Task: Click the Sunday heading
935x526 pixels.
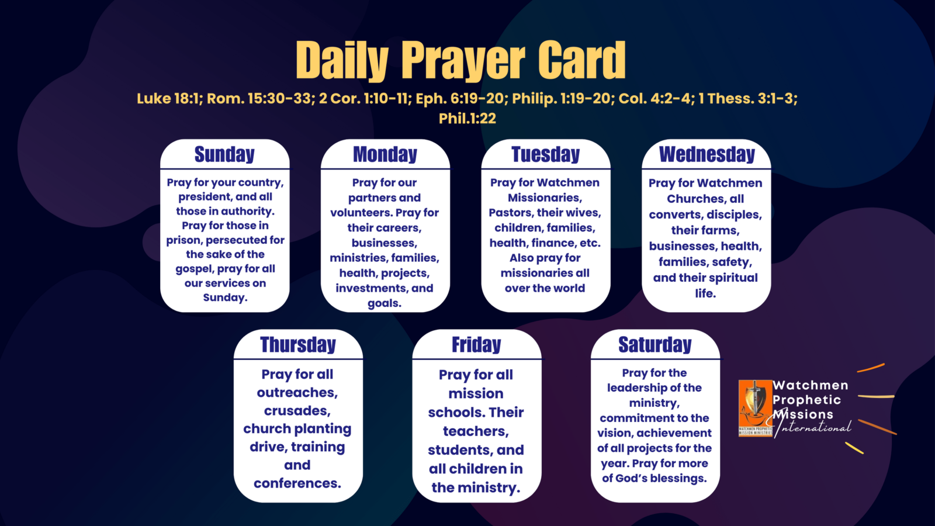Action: click(x=224, y=154)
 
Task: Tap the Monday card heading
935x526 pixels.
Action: click(x=385, y=154)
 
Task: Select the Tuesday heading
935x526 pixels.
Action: click(x=546, y=154)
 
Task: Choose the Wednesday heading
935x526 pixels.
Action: click(x=707, y=154)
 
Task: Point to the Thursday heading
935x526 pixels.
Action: click(x=298, y=345)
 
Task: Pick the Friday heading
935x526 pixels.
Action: click(x=476, y=345)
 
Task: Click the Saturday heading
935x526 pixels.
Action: click(x=655, y=345)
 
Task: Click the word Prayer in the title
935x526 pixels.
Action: click(x=463, y=61)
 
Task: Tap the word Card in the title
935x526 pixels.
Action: click(x=582, y=60)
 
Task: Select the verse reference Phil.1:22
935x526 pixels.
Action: click(x=467, y=119)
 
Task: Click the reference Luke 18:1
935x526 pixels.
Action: click(x=169, y=99)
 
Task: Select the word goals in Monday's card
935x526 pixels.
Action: click(x=385, y=303)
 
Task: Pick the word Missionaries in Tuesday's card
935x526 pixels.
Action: click(x=545, y=198)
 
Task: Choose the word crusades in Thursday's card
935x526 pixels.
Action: click(x=297, y=411)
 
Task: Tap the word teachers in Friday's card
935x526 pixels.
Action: click(x=476, y=431)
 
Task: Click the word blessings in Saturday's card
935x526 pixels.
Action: click(x=678, y=479)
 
